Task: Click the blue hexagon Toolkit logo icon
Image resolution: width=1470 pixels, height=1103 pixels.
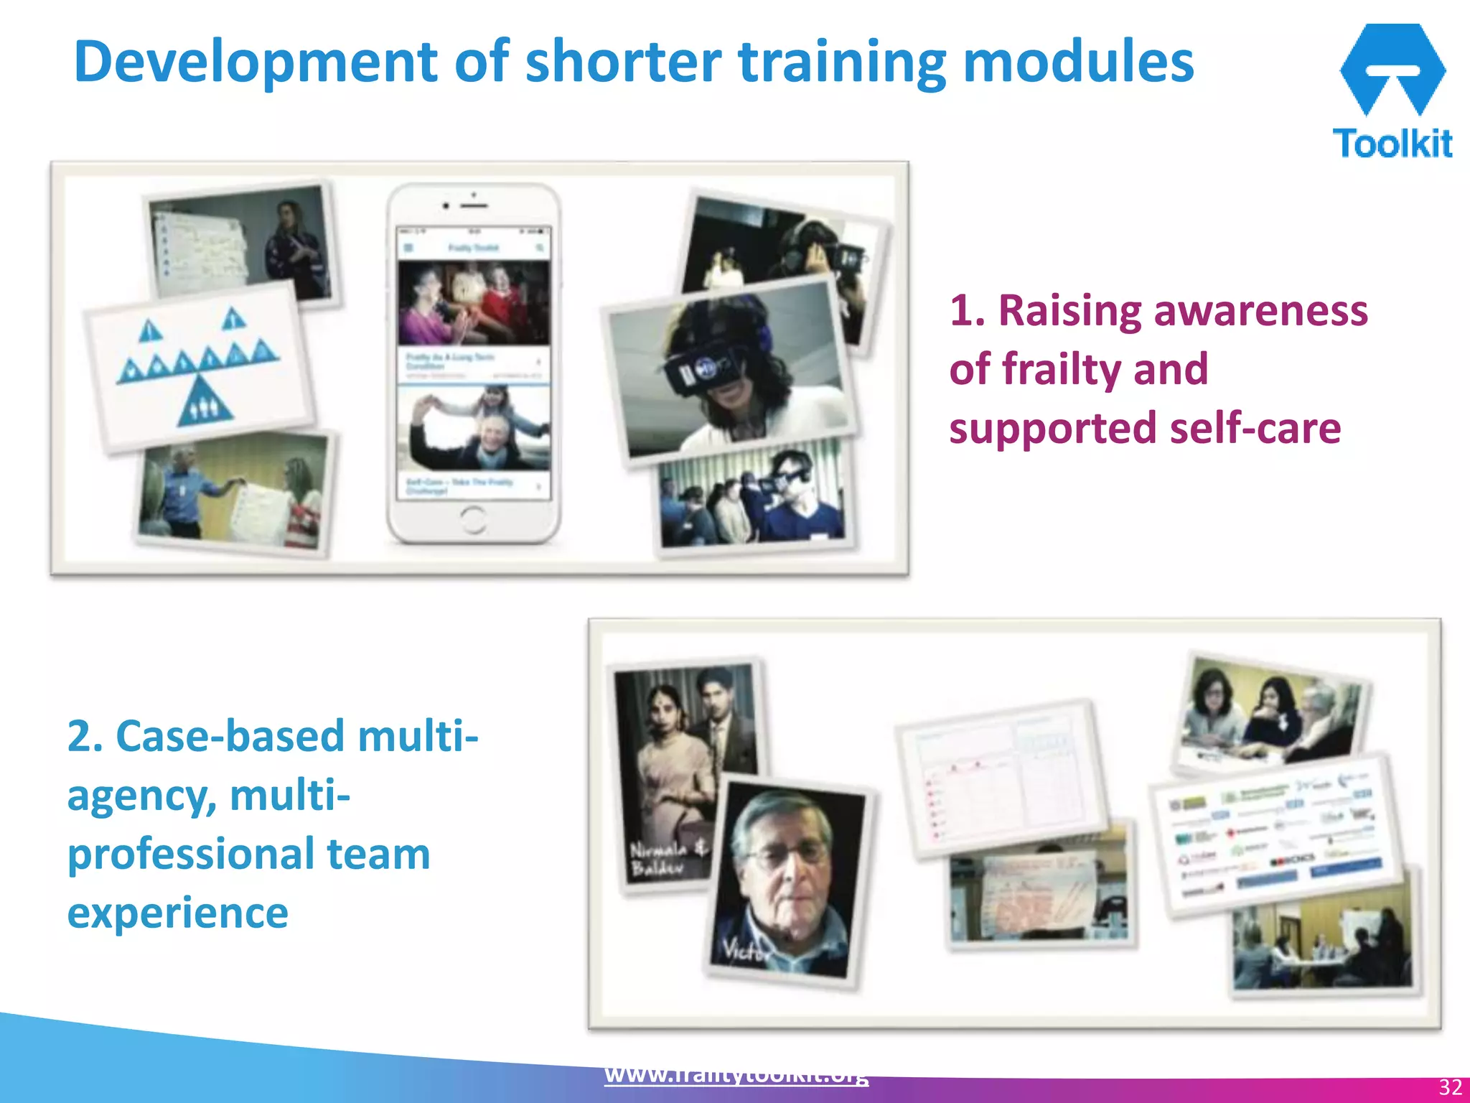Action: click(1392, 69)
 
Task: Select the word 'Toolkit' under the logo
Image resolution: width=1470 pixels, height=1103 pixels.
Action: click(1392, 143)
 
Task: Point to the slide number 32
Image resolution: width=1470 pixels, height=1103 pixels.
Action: click(1450, 1086)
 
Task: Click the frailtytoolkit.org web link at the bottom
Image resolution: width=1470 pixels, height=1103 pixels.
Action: click(736, 1075)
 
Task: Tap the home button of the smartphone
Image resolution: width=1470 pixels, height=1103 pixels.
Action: click(473, 518)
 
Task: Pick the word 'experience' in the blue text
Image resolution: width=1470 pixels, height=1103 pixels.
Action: click(178, 913)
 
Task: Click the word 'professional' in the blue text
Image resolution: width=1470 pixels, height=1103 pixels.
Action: click(189, 854)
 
